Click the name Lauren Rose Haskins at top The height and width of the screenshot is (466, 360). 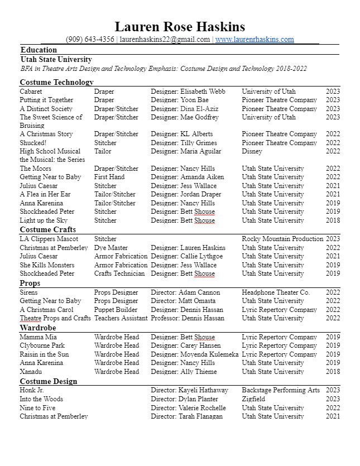click(x=180, y=26)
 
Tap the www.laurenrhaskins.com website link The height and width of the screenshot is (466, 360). click(x=255, y=40)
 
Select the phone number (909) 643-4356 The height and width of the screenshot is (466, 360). click(x=90, y=40)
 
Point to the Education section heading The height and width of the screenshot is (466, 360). click(x=39, y=50)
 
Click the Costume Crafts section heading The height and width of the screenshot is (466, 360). click(x=48, y=229)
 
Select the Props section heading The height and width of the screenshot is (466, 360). click(x=30, y=284)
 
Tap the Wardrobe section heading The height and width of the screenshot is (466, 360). click(x=38, y=328)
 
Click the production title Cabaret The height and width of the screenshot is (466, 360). click(x=31, y=92)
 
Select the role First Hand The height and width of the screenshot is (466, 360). click(x=109, y=177)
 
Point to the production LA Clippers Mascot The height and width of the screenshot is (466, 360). click(x=49, y=239)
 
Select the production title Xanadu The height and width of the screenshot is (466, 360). click(x=32, y=372)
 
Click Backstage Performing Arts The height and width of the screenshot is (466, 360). click(x=281, y=391)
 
